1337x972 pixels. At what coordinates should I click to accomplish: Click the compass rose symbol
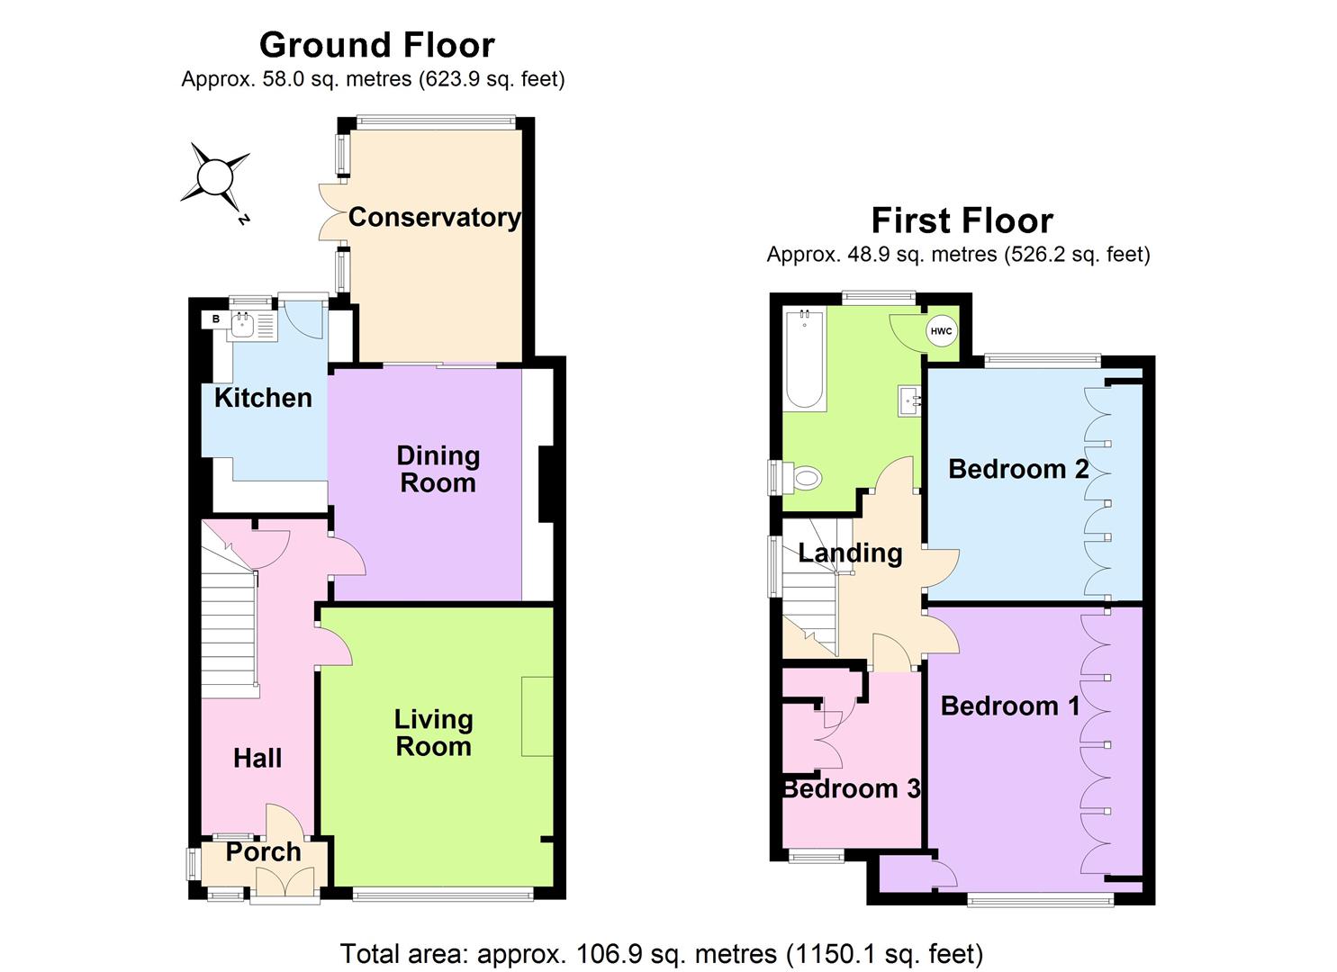pyautogui.click(x=215, y=176)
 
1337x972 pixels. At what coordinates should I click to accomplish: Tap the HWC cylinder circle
pyautogui.click(x=941, y=331)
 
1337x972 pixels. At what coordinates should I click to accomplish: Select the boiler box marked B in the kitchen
pyautogui.click(x=215, y=319)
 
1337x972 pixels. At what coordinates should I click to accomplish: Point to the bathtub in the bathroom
pyautogui.click(x=804, y=360)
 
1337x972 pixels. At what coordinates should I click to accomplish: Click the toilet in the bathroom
pyautogui.click(x=804, y=477)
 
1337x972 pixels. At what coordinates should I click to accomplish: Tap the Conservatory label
pyautogui.click(x=434, y=217)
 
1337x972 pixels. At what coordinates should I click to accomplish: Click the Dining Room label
pyautogui.click(x=438, y=469)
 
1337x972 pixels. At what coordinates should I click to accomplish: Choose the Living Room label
pyautogui.click(x=433, y=733)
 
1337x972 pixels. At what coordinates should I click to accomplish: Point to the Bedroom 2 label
pyautogui.click(x=1018, y=469)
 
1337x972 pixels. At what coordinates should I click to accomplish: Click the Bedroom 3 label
pyautogui.click(x=851, y=789)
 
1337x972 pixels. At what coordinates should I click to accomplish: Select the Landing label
pyautogui.click(x=850, y=553)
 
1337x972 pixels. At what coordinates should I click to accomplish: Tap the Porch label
pyautogui.click(x=263, y=852)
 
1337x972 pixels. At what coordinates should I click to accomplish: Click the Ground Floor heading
pyautogui.click(x=376, y=45)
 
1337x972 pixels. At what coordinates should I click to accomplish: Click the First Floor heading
pyautogui.click(x=962, y=220)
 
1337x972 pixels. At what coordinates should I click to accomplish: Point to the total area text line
pyautogui.click(x=661, y=953)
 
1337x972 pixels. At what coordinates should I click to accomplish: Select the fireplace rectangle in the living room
pyautogui.click(x=537, y=716)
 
